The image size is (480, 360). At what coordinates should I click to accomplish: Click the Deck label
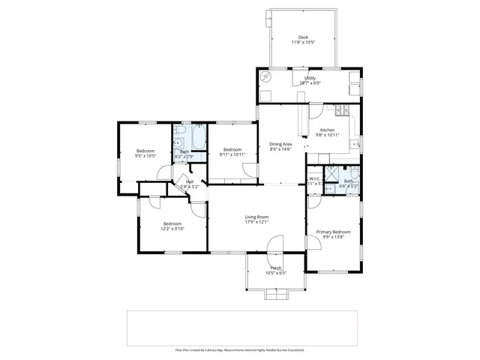303,37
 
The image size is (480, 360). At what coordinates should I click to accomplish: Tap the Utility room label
310,78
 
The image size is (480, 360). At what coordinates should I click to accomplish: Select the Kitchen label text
327,130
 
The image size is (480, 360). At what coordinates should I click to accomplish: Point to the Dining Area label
280,144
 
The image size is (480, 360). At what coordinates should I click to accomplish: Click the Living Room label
256,217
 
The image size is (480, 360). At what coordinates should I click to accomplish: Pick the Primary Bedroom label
332,232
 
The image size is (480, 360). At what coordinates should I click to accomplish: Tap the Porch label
276,268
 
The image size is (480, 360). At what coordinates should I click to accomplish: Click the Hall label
190,181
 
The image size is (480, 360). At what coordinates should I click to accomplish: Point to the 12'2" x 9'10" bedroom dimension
173,228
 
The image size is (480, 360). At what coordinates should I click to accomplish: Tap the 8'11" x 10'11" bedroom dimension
232,154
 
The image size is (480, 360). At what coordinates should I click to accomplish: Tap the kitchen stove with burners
341,112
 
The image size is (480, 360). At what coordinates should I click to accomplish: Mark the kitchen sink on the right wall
358,142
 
